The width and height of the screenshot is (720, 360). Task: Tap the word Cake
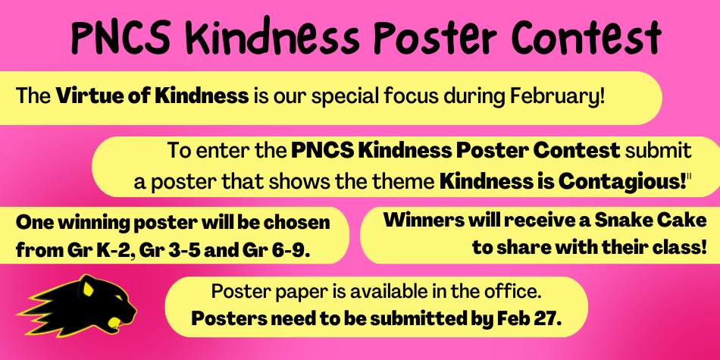[x=687, y=221]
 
